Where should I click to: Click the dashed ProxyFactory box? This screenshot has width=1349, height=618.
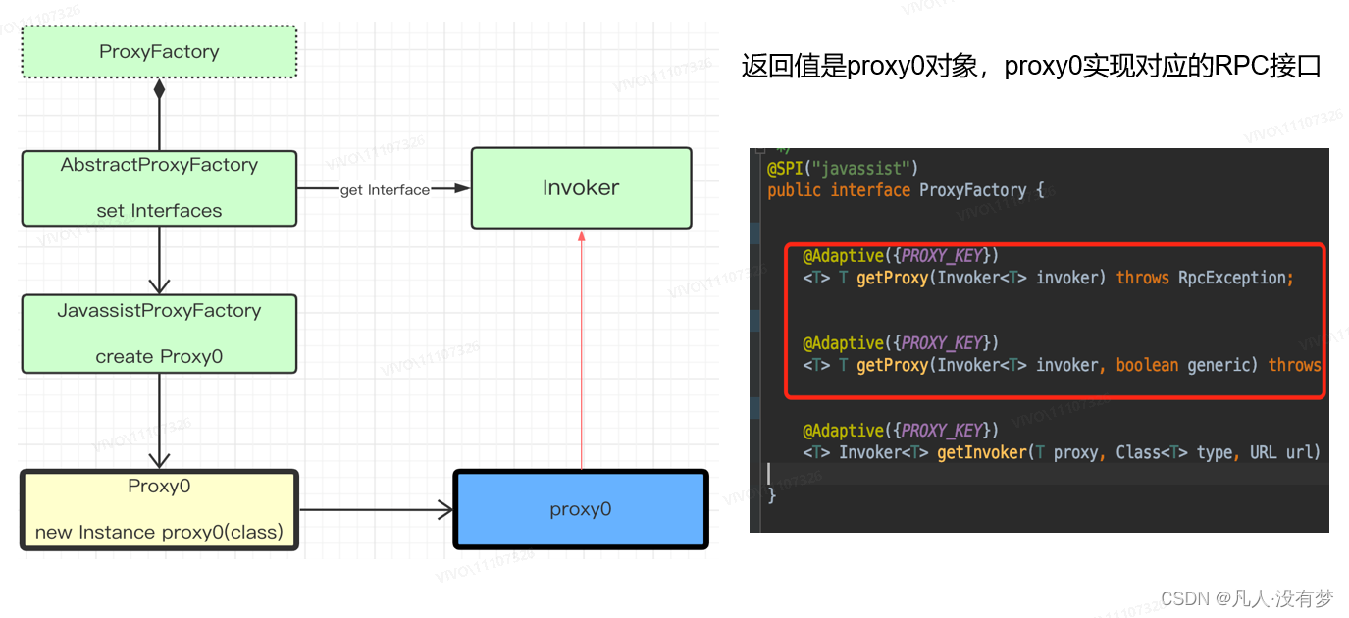tap(159, 52)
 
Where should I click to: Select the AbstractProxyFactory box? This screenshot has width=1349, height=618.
tap(159, 187)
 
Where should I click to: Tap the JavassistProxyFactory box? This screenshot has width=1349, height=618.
tap(159, 334)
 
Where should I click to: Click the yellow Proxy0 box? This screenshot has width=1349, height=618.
tap(159, 510)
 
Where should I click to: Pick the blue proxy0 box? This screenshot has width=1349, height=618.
tap(580, 509)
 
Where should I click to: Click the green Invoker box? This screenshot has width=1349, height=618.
tap(581, 187)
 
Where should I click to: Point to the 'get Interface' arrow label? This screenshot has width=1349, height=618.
tap(385, 190)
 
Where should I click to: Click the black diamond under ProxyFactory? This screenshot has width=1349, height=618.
tap(159, 89)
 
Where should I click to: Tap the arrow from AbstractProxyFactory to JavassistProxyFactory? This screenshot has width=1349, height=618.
tap(159, 260)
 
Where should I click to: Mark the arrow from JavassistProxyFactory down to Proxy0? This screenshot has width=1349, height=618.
tap(159, 421)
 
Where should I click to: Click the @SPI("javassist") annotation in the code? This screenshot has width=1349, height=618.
tap(843, 169)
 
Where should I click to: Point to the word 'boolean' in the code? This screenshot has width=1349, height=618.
tap(1147, 365)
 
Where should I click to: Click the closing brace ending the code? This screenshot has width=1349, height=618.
tap(771, 494)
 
